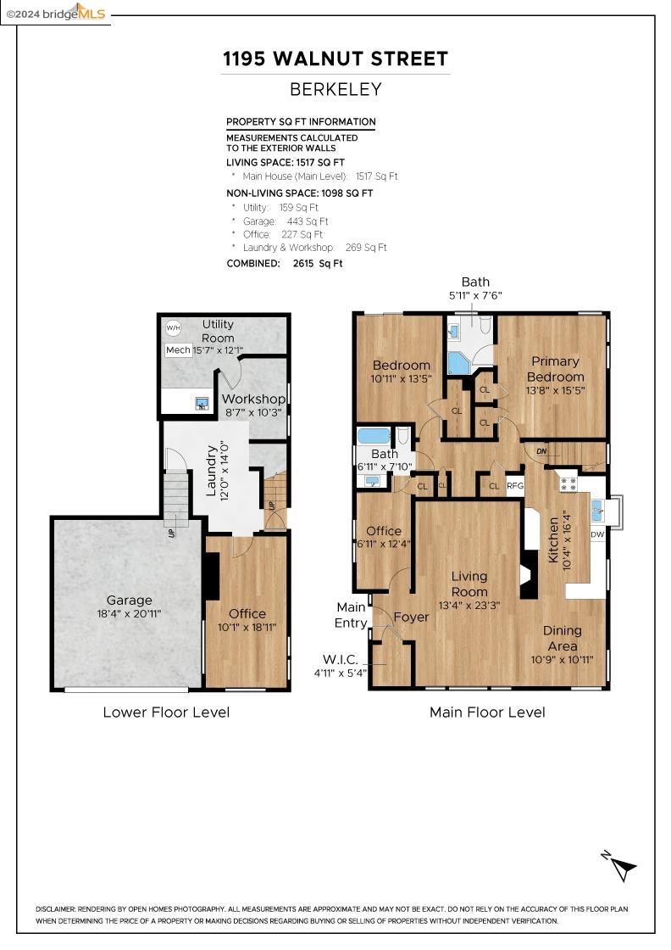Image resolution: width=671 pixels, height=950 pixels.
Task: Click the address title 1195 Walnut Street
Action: tap(335, 59)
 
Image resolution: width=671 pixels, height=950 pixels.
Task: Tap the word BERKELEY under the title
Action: tap(335, 89)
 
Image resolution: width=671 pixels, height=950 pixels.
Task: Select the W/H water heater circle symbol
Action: tap(174, 327)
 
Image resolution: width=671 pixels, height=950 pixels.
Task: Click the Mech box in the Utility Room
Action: tap(178, 350)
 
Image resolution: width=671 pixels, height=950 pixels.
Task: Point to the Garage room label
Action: tap(129, 600)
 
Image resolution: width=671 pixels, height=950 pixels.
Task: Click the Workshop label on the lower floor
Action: tap(253, 399)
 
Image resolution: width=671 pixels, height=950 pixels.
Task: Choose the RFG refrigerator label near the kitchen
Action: tap(514, 486)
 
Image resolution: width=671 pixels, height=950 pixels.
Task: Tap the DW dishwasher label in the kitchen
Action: tap(597, 534)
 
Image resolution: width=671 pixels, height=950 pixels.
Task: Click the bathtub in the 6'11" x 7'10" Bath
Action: tap(374, 436)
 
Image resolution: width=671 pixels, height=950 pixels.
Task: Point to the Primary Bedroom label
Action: tap(555, 369)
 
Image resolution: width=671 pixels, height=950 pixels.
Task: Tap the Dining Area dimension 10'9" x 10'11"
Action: tap(563, 659)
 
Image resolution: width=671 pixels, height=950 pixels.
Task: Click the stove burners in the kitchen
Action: tap(568, 484)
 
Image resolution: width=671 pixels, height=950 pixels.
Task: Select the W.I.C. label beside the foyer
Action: tap(341, 659)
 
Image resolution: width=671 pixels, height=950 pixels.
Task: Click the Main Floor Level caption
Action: tap(487, 712)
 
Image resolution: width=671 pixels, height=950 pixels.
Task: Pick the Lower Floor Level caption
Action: tap(166, 712)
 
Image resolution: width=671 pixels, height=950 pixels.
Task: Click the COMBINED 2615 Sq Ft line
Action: tap(285, 264)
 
